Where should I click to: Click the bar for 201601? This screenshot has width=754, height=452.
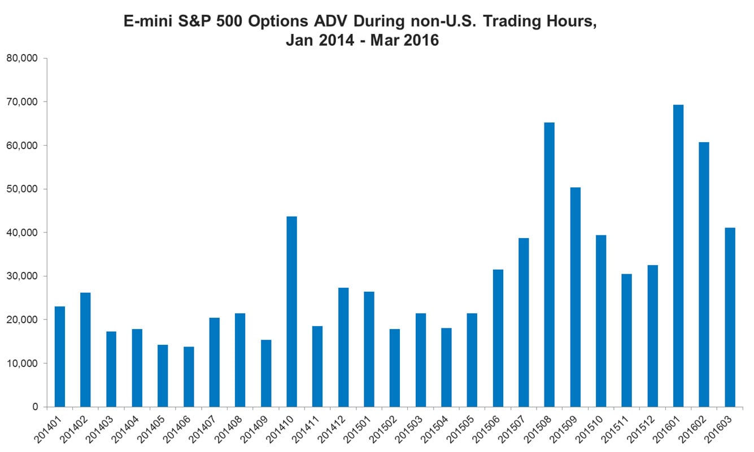678,256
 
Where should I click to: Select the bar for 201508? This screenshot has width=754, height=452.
549,265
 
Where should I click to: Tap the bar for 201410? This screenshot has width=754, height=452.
291,311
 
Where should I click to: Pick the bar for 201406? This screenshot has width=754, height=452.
189,377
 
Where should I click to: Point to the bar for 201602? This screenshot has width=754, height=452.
704,274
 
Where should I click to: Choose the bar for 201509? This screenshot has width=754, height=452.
576,297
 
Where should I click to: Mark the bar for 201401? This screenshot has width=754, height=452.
59,357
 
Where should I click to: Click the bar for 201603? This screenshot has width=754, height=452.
730,318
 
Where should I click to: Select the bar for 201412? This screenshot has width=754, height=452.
343,348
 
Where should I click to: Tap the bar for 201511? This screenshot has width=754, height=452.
626,341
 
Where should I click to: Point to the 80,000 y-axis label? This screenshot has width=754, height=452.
22,58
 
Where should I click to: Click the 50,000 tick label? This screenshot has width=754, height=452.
22,189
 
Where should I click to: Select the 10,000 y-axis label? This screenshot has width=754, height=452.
22,363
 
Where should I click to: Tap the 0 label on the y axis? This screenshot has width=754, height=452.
35,407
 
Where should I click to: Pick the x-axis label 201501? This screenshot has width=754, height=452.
358,429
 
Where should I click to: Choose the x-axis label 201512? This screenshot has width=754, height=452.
641,429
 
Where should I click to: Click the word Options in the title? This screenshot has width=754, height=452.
278,21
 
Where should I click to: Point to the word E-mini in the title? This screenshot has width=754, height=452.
148,21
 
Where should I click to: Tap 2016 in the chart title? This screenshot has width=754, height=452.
421,40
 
